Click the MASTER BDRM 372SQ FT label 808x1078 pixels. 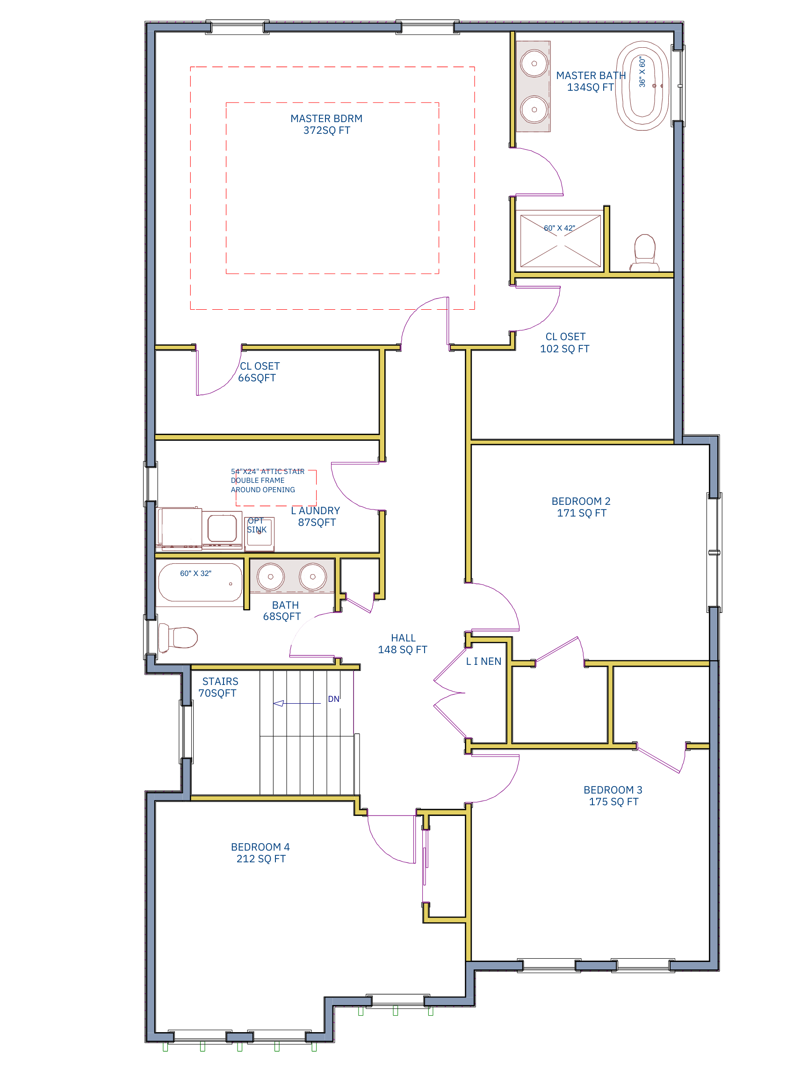pyautogui.click(x=326, y=124)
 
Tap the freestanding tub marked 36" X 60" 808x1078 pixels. pyautogui.click(x=642, y=86)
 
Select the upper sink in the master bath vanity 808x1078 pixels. pyautogui.click(x=534, y=64)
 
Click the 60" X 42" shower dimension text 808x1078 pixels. pyautogui.click(x=559, y=228)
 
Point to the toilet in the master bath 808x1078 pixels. pyautogui.click(x=644, y=251)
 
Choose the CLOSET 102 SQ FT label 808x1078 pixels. pyautogui.click(x=564, y=342)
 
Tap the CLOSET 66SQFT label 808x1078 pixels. pyautogui.click(x=258, y=372)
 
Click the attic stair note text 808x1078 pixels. pyautogui.click(x=267, y=481)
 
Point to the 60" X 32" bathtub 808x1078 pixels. pyautogui.click(x=200, y=583)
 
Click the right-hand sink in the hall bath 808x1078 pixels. pyautogui.click(x=312, y=576)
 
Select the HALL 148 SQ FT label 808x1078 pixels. pyautogui.click(x=402, y=644)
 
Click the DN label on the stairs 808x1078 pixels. pyautogui.click(x=333, y=699)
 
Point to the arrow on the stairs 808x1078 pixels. pyautogui.click(x=279, y=703)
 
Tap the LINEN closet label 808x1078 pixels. pyautogui.click(x=483, y=661)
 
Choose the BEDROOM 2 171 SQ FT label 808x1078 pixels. pyautogui.click(x=581, y=507)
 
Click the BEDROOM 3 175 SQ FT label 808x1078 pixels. pyautogui.click(x=613, y=795)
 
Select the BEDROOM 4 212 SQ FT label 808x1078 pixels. pyautogui.click(x=260, y=853)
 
